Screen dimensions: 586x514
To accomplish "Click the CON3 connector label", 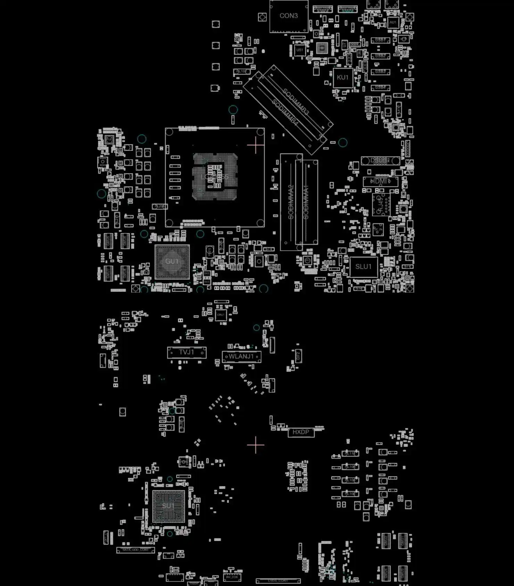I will point(289,16).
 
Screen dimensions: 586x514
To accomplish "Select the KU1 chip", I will point(342,77).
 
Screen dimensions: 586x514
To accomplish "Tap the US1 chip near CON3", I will point(299,50).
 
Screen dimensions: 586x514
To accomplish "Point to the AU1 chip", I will point(393,23).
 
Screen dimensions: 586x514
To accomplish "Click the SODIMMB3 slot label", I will point(296,102).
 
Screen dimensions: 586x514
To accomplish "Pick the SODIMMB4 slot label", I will point(285,112).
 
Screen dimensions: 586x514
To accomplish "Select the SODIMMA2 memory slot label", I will point(291,202).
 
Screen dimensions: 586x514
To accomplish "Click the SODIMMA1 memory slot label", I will point(306,202).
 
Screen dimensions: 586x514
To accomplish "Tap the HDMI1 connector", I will point(380,181).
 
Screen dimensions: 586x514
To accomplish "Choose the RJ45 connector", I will point(381,205).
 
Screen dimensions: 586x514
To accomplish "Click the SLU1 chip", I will point(363,267).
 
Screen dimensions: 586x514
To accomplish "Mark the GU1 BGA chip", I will point(172,262).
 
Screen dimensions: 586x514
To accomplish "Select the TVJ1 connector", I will point(186,352).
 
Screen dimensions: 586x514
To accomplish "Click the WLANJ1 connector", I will point(241,357).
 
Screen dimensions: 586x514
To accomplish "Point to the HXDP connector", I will point(301,432).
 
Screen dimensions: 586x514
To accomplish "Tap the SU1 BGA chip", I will point(168,506).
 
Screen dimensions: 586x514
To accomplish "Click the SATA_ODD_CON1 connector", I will point(135,550).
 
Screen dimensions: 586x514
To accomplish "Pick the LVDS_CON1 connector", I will point(278,580).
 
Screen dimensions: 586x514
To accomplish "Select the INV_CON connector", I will point(232,577).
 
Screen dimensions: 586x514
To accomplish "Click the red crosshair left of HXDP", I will point(256,445).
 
